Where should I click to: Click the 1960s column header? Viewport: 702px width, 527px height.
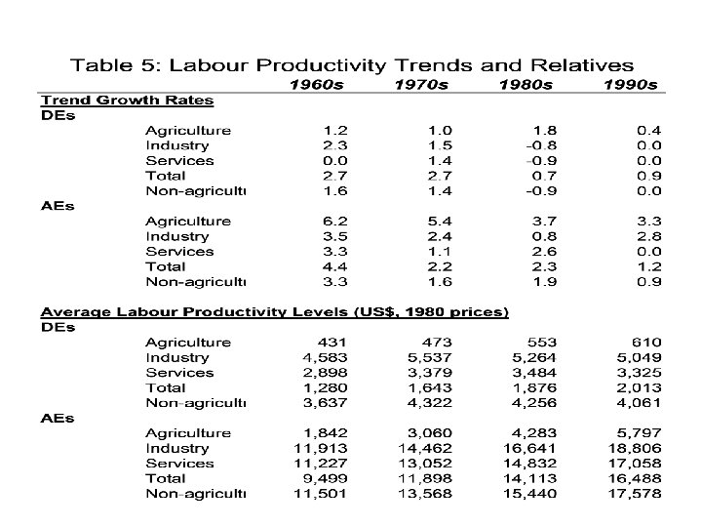coord(316,85)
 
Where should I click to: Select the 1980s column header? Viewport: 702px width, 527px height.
coord(526,85)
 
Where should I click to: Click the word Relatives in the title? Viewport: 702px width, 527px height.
coord(571,65)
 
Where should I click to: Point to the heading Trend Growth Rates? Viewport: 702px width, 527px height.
coord(126,100)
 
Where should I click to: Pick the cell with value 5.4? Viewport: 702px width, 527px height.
coord(440,222)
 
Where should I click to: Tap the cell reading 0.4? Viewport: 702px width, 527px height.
coord(649,131)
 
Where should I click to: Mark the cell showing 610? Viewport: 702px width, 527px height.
coord(645,343)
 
